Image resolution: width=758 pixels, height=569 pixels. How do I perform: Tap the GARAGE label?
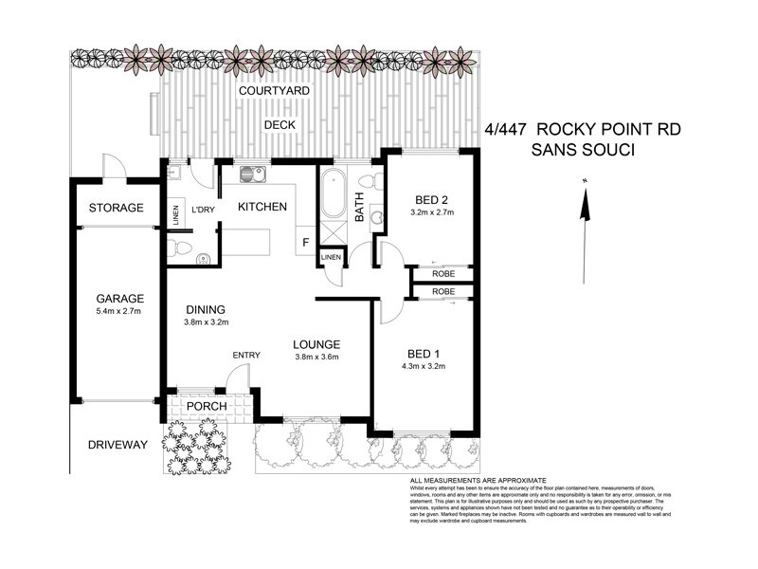pyautogui.click(x=112, y=298)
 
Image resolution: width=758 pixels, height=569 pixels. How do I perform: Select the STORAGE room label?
pyautogui.click(x=116, y=208)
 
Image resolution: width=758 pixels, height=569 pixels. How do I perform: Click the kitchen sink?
pyautogui.click(x=252, y=174)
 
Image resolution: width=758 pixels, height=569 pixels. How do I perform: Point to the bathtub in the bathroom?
pyautogui.click(x=332, y=195)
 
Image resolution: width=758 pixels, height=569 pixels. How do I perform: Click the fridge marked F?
pyautogui.click(x=305, y=242)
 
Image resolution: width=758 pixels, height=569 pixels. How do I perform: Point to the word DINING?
pyautogui.click(x=205, y=308)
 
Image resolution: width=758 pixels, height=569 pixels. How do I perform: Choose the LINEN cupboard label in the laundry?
pyautogui.click(x=176, y=214)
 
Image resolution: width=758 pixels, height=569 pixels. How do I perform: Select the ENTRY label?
pyautogui.click(x=246, y=356)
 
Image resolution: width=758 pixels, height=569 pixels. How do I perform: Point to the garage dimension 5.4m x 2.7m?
pyautogui.click(x=112, y=311)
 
